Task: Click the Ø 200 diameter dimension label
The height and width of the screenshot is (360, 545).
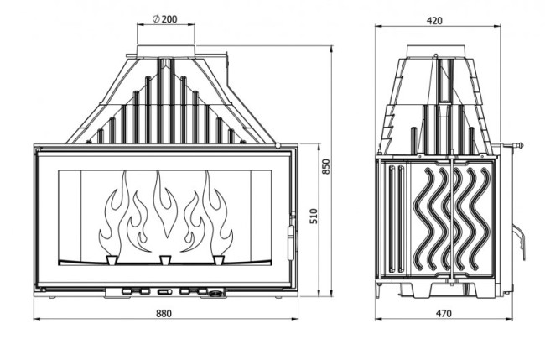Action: pyautogui.click(x=164, y=18)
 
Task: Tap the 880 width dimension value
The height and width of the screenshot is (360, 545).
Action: pyautogui.click(x=163, y=313)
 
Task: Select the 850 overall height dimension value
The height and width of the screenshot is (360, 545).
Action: pyautogui.click(x=325, y=167)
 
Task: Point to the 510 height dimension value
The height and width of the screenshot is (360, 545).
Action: pyautogui.click(x=314, y=216)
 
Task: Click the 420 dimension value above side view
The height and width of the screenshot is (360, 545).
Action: pyautogui.click(x=434, y=21)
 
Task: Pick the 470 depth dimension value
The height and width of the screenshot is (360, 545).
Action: pyautogui.click(x=444, y=313)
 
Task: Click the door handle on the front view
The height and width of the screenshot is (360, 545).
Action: pyautogui.click(x=291, y=243)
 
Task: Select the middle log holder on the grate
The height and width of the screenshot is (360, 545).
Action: pyautogui.click(x=164, y=260)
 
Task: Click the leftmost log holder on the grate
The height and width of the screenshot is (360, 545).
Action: pyautogui.click(x=112, y=260)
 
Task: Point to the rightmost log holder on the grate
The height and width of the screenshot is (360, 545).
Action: pyautogui.click(x=219, y=260)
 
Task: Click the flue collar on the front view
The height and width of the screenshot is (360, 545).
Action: pyautogui.click(x=166, y=51)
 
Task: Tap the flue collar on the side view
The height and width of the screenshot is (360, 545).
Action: pyautogui.click(x=436, y=51)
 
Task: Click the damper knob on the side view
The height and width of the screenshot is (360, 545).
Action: pyautogui.click(x=521, y=146)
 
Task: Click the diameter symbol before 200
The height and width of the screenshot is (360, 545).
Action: pyautogui.click(x=156, y=19)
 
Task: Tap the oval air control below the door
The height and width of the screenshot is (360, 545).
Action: pyautogui.click(x=215, y=293)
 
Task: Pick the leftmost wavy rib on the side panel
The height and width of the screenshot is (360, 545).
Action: pyautogui.click(x=423, y=218)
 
